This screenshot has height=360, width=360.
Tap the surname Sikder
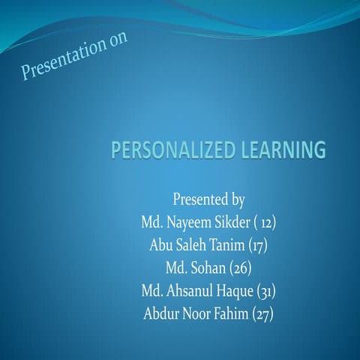click(x=237, y=223)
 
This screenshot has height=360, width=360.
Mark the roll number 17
click(x=259, y=245)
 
